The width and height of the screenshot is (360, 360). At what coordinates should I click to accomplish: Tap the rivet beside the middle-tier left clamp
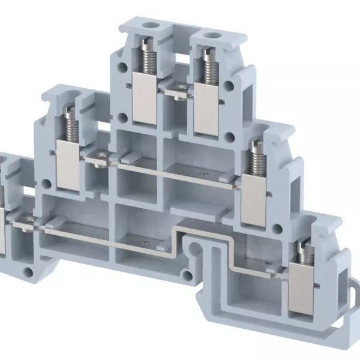pos(99,160)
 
